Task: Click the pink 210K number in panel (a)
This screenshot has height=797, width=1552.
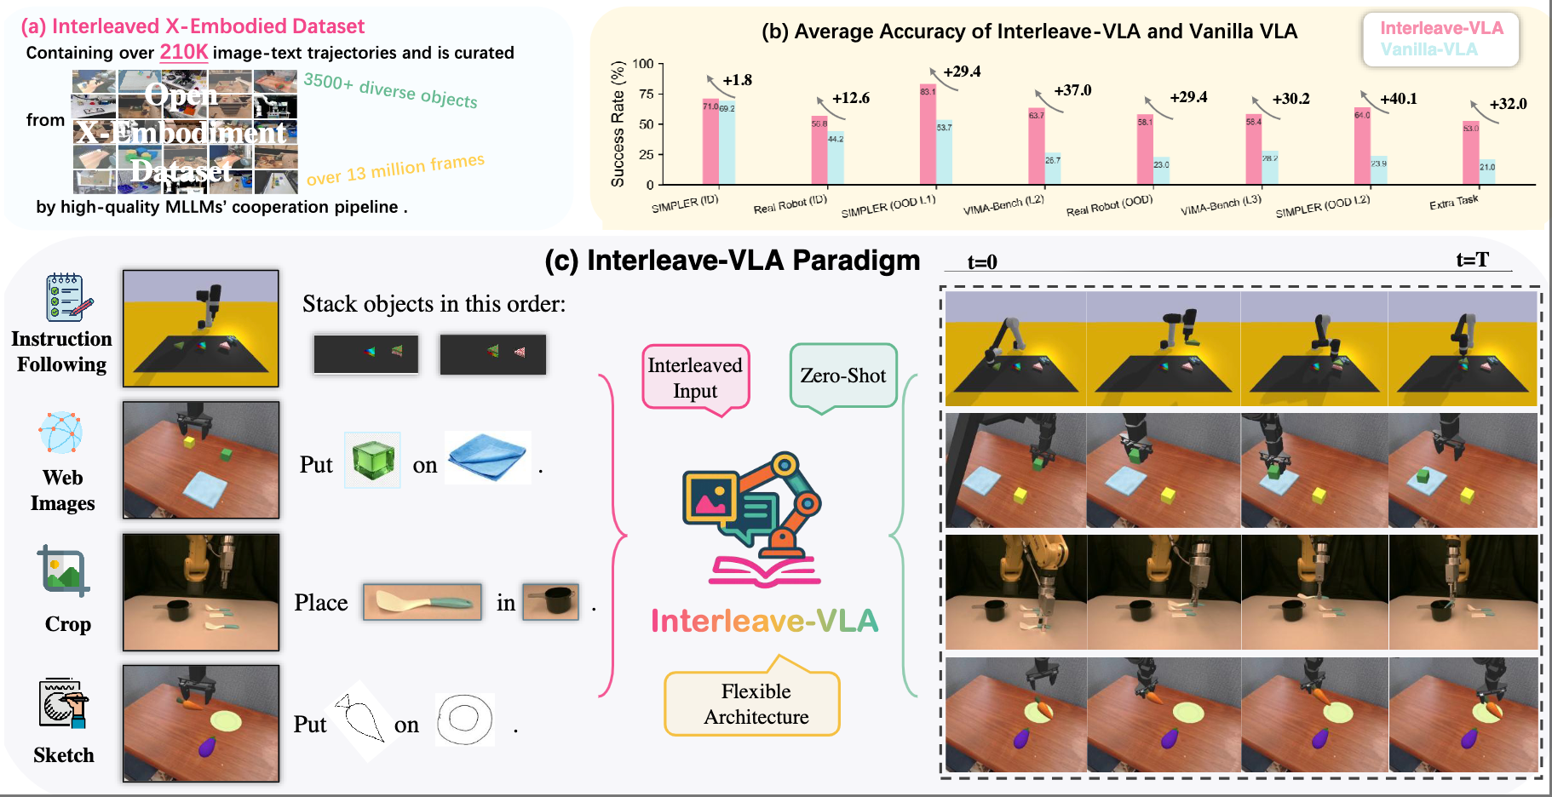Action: click(x=184, y=52)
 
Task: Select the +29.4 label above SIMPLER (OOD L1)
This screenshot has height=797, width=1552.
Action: click(x=962, y=72)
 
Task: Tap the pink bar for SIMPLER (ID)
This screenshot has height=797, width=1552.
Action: click(x=710, y=141)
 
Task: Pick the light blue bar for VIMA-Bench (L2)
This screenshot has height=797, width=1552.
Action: click(x=1053, y=168)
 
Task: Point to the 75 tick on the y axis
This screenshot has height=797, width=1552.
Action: click(x=646, y=95)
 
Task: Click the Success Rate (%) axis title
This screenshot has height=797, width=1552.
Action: click(x=618, y=123)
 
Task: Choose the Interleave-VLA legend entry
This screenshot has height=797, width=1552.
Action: click(x=1441, y=28)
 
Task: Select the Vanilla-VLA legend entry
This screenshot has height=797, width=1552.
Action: click(x=1428, y=49)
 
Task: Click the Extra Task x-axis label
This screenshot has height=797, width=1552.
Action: click(x=1453, y=203)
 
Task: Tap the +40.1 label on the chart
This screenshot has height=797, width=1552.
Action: click(x=1398, y=99)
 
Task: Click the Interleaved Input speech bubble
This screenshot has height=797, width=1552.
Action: click(x=695, y=377)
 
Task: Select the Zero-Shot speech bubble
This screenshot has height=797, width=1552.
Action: click(x=843, y=376)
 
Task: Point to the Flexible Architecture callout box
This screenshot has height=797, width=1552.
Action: click(x=756, y=703)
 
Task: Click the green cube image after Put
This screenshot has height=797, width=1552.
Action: click(x=372, y=460)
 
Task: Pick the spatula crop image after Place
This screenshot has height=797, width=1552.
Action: click(x=422, y=602)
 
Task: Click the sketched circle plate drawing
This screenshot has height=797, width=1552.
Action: click(x=464, y=720)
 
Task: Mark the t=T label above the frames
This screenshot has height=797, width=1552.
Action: click(x=1472, y=260)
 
